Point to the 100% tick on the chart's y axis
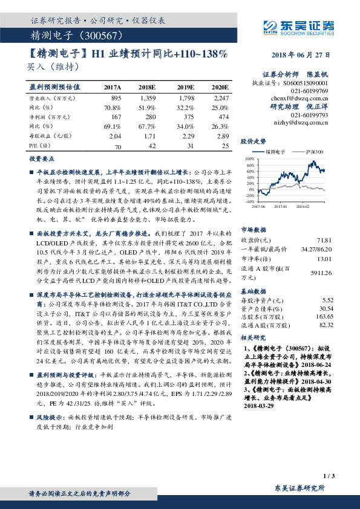pyautogui.click(x=250, y=158)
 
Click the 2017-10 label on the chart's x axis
pyautogui.click(x=279, y=206)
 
